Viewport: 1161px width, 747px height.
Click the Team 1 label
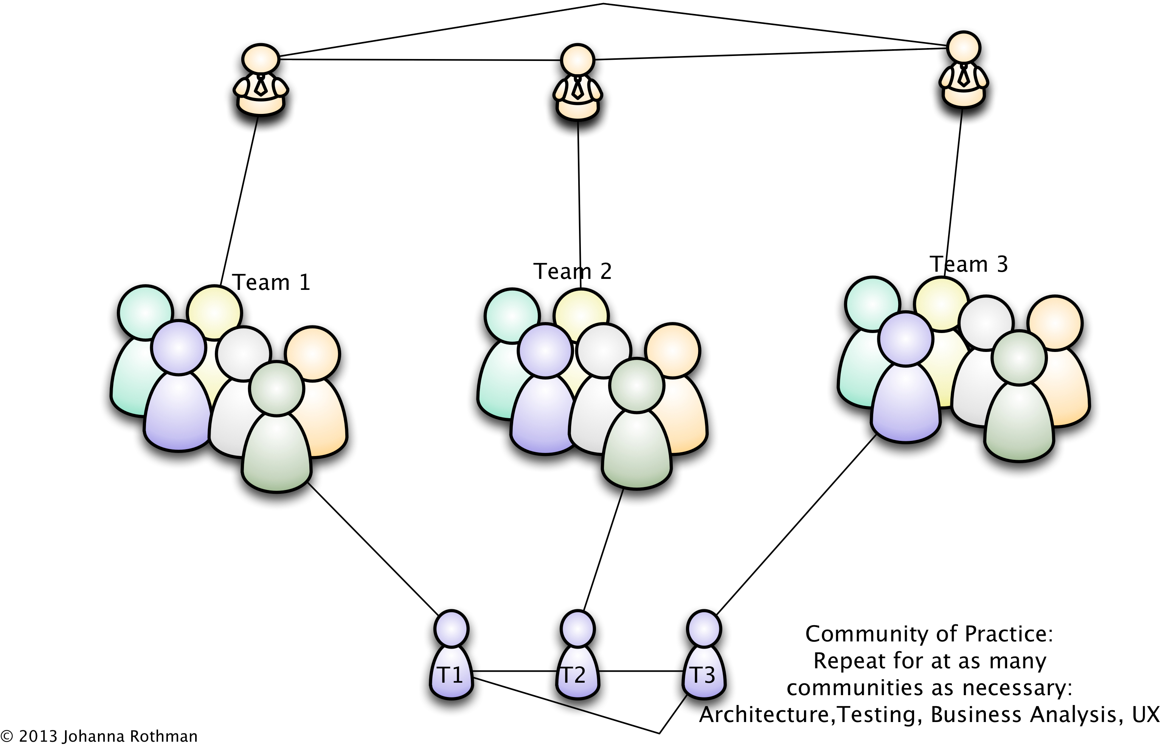click(272, 282)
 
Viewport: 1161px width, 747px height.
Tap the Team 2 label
click(572, 271)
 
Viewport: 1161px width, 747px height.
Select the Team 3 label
click(969, 265)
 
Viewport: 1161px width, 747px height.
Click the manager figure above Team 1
click(261, 80)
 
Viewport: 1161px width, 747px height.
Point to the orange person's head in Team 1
click(313, 353)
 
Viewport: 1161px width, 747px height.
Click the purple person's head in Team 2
click(545, 350)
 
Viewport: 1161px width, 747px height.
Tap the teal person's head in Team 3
click(872, 304)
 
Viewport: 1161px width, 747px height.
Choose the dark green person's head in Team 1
click(277, 389)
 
